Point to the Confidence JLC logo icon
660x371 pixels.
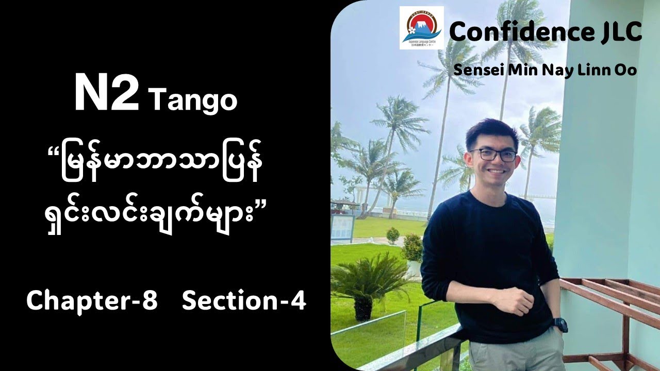click(421, 28)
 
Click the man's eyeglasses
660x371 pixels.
click(492, 155)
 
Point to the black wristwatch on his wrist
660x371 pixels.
click(559, 325)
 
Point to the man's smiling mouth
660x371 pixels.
click(496, 171)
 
